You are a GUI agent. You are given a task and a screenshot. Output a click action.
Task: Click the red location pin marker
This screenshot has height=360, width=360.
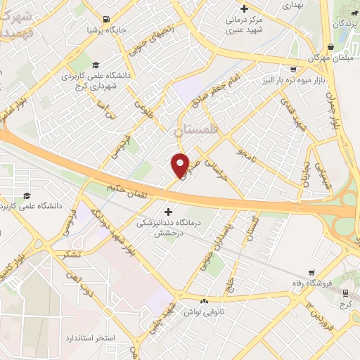(181, 165)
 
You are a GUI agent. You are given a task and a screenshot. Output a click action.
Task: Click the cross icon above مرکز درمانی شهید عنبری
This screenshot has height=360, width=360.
(243, 9)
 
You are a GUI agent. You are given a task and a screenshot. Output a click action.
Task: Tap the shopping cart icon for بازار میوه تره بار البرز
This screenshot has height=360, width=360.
(292, 70)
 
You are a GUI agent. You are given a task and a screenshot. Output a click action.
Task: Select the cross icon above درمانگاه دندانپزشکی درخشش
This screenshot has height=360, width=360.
(167, 211)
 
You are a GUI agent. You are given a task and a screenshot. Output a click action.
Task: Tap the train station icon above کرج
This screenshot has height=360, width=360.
(345, 293)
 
